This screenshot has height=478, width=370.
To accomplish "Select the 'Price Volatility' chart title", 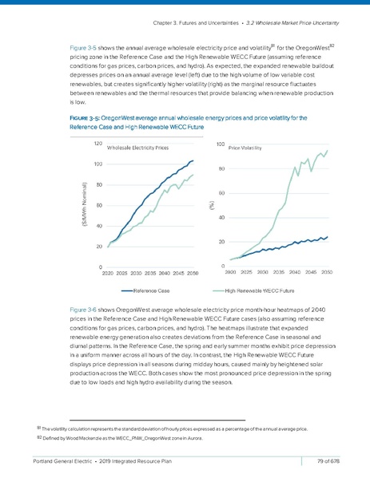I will point(246,148).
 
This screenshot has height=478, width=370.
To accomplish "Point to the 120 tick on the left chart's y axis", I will point(97,144).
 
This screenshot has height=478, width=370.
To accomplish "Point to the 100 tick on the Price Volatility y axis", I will point(221,144).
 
